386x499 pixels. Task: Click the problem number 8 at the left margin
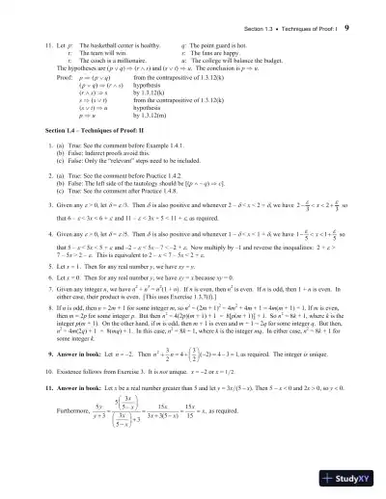coord(31,304)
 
